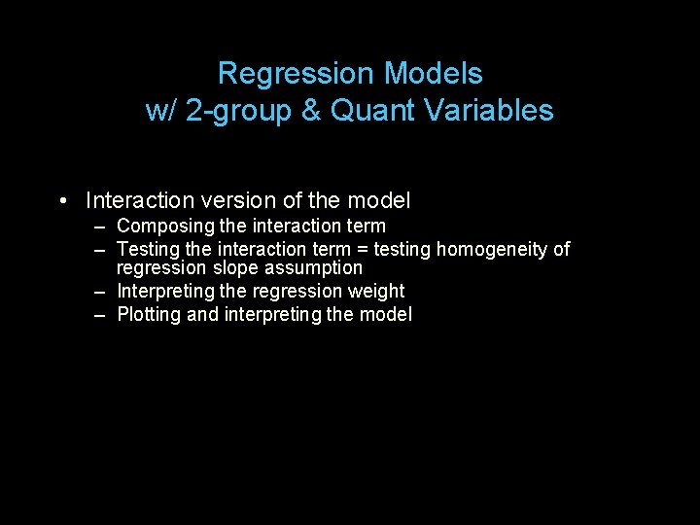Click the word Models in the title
(433, 74)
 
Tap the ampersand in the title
(311, 111)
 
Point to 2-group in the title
(238, 111)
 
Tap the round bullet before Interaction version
(61, 201)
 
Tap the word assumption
(315, 268)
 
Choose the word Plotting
(149, 315)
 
